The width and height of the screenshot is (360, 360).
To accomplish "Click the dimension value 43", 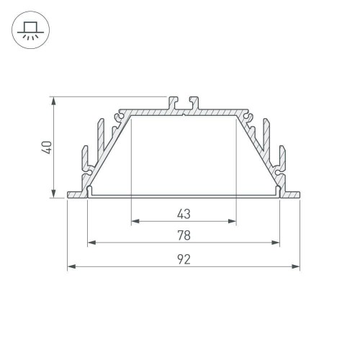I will (x=183, y=213).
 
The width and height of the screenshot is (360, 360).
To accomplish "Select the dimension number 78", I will (x=183, y=235).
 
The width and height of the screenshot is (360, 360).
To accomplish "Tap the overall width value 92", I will (x=183, y=260).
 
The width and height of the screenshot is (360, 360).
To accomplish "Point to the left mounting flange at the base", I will (x=76, y=194).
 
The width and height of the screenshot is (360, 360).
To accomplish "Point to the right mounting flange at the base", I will (x=291, y=194).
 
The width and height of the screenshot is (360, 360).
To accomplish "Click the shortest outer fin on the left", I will (x=80, y=162).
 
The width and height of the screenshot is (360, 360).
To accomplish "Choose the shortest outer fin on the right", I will (x=287, y=162).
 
